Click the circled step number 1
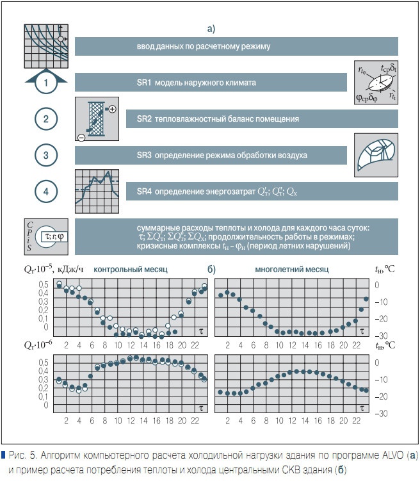point(45,83)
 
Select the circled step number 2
point(45,119)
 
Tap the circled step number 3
point(45,155)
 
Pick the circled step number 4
point(45,191)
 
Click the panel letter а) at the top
point(211,28)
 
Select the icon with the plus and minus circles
point(96,119)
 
